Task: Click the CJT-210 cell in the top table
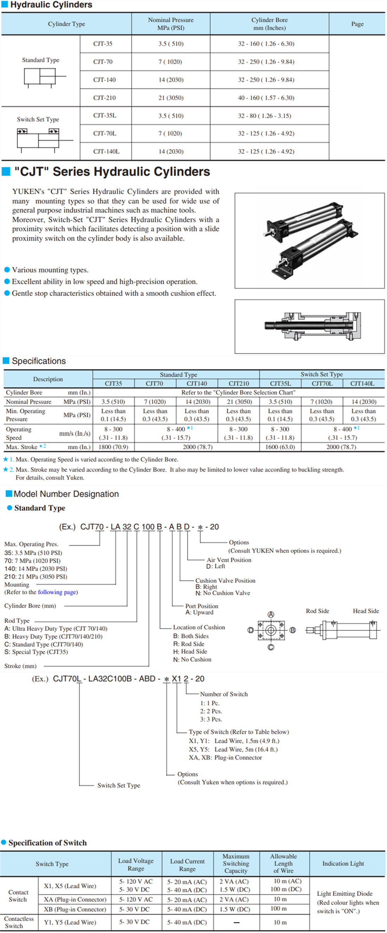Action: (x=104, y=98)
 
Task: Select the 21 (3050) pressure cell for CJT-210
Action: (x=171, y=98)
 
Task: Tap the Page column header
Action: (x=357, y=24)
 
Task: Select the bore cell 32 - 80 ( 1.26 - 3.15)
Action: (x=264, y=116)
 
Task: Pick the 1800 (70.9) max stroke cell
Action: (x=113, y=447)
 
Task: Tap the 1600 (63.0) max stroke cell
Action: (x=280, y=447)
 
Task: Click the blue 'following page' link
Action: (x=57, y=592)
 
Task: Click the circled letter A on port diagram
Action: (x=271, y=614)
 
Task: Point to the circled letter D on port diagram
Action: (x=250, y=630)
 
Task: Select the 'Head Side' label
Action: (x=366, y=611)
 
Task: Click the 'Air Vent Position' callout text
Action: (x=229, y=560)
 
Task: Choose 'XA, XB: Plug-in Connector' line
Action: (x=225, y=757)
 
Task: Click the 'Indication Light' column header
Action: (x=343, y=864)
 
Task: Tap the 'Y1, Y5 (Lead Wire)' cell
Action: (x=70, y=922)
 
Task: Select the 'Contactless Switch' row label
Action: (x=19, y=922)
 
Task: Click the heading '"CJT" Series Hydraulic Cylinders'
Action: (x=112, y=172)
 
